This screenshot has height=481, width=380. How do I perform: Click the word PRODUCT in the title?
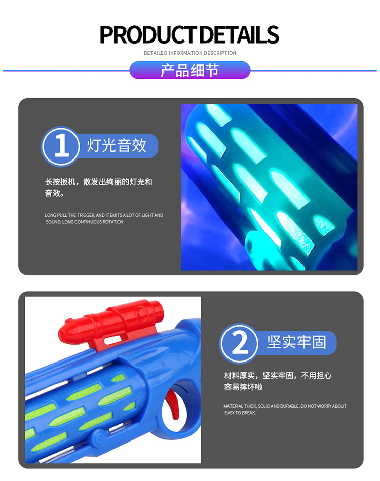pyautogui.click(x=148, y=34)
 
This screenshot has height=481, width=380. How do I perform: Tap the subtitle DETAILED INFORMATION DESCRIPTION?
pyautogui.click(x=190, y=53)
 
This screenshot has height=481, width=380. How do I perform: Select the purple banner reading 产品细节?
pyautogui.click(x=190, y=70)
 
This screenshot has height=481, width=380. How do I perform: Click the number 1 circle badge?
pyautogui.click(x=60, y=146)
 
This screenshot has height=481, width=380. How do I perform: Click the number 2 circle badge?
pyautogui.click(x=239, y=343)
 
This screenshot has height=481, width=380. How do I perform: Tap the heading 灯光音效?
pyautogui.click(x=117, y=145)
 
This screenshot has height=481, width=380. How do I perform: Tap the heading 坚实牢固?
pyautogui.click(x=296, y=342)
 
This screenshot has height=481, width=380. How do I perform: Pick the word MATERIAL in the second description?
pyautogui.click(x=233, y=406)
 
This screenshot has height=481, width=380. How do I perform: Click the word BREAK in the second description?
pyautogui.click(x=250, y=413)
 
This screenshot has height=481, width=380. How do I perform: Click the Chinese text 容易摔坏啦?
pyautogui.click(x=243, y=387)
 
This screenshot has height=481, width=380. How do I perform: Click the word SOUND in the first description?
pyautogui.click(x=53, y=222)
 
